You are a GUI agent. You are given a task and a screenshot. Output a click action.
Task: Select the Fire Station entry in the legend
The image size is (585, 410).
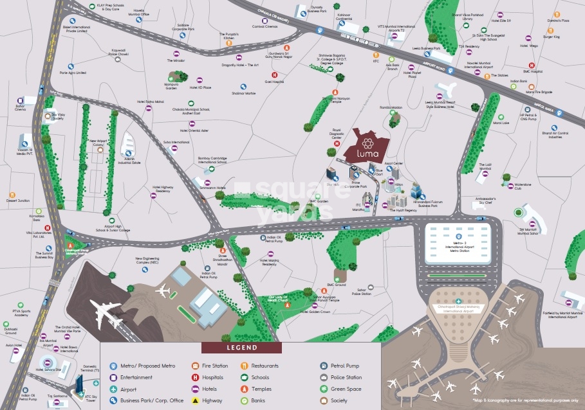(215, 366)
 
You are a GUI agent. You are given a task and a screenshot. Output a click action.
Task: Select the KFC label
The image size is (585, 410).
(376, 61)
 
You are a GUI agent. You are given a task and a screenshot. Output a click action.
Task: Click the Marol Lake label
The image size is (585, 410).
(501, 122)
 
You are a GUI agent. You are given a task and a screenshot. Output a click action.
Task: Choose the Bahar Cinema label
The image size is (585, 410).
(21, 108)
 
